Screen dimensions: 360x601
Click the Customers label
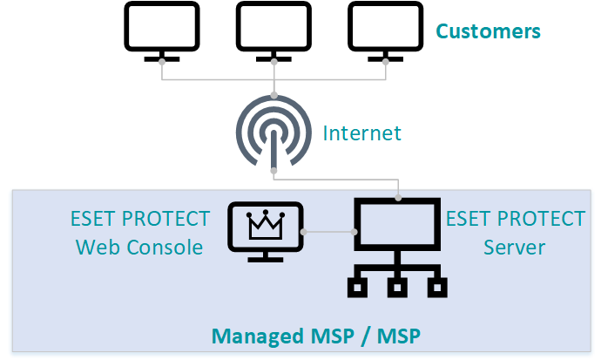[488, 32]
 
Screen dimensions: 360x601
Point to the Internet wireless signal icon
[274, 135]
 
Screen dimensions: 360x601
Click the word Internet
[362, 133]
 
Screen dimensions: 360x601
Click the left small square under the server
[356, 289]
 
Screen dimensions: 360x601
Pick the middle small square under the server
[399, 289]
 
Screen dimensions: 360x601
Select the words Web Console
[139, 248]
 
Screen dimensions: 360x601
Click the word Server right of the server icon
[514, 248]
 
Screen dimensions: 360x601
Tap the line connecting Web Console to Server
[328, 232]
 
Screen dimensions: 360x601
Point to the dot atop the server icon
[399, 197]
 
